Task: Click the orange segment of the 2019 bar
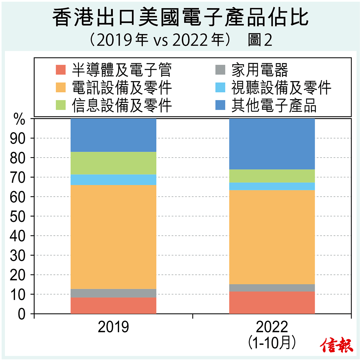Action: point(113,237)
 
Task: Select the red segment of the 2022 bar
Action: point(272,302)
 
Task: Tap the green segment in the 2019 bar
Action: point(113,163)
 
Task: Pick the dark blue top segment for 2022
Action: point(272,144)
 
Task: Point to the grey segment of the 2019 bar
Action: point(113,293)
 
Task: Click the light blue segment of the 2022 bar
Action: point(272,186)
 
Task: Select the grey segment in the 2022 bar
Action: point(272,288)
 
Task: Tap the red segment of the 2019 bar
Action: point(113,305)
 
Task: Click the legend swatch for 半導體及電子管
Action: point(61,70)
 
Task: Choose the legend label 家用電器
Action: point(259,70)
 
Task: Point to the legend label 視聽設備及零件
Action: point(281,88)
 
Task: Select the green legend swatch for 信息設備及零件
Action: point(61,105)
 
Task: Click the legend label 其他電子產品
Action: point(274,105)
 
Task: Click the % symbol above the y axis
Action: point(19,120)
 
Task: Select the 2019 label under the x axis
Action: point(113,327)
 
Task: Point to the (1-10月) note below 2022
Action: point(272,343)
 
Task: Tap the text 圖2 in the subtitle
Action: point(260,40)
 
